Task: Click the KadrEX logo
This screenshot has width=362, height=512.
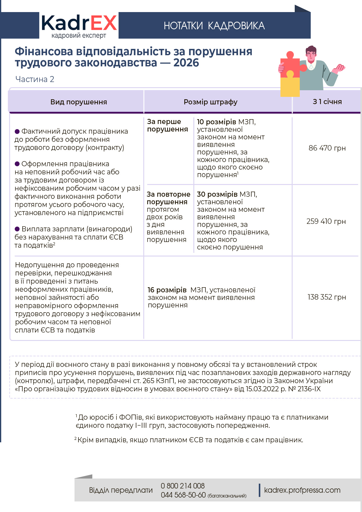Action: click(79, 26)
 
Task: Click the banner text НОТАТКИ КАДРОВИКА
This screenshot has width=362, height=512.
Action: click(214, 26)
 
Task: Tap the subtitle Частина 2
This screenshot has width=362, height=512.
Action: click(35, 79)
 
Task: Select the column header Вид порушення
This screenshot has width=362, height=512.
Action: click(78, 102)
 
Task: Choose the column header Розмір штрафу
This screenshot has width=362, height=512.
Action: click(211, 102)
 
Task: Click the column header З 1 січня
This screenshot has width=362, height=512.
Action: click(327, 102)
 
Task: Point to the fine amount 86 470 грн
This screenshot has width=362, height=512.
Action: click(327, 148)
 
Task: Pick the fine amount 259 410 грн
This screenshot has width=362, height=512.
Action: click(326, 221)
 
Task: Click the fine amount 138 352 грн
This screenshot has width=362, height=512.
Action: click(327, 297)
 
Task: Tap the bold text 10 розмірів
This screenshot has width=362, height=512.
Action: click(216, 122)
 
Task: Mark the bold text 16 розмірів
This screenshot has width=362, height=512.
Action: click(167, 290)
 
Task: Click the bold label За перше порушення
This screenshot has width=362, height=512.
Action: click(167, 126)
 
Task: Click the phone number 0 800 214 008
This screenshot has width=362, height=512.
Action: click(183, 486)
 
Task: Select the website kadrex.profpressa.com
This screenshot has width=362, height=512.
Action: click(302, 490)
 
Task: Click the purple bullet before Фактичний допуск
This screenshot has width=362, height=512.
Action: click(17, 132)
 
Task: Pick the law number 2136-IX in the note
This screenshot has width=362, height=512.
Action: click(309, 389)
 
